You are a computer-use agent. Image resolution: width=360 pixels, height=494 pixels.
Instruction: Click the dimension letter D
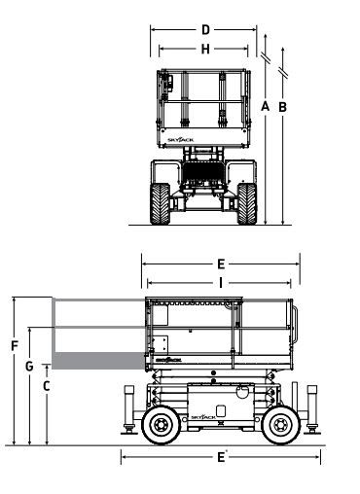click(x=205, y=30)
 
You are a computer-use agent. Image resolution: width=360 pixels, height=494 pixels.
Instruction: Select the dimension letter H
click(x=205, y=50)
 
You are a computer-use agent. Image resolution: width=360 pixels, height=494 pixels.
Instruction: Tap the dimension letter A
click(x=266, y=106)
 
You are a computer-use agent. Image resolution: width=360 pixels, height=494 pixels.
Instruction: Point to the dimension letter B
click(x=283, y=107)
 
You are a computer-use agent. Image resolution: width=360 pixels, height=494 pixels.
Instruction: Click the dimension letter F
click(x=15, y=346)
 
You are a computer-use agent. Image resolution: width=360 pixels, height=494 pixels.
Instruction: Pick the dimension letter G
click(x=29, y=367)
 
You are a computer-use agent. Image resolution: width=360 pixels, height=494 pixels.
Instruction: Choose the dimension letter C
click(x=47, y=386)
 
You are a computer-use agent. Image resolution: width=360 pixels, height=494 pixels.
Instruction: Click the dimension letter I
click(x=221, y=283)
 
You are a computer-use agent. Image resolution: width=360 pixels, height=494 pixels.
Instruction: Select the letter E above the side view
click(x=221, y=265)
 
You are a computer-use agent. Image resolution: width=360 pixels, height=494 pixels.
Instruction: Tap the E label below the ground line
click(x=221, y=457)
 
